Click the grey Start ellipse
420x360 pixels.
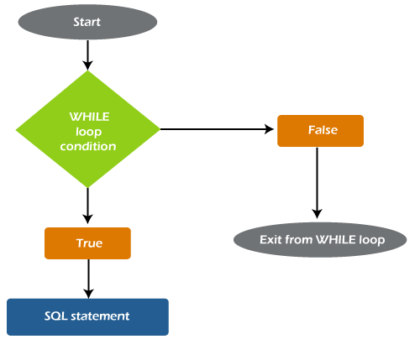tap(87, 23)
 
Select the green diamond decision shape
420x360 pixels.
tap(87, 129)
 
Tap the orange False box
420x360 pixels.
tap(320, 131)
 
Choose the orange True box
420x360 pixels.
tap(88, 243)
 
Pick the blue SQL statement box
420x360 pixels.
tap(87, 316)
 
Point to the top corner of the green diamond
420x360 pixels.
tap(87, 71)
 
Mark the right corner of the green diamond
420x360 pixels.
tap(159, 129)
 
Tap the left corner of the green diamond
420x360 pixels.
tap(17, 129)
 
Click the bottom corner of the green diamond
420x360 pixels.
tap(87, 187)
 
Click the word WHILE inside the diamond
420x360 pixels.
tap(88, 116)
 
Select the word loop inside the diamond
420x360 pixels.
tap(88, 131)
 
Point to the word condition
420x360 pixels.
tap(88, 146)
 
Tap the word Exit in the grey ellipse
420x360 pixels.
tap(272, 240)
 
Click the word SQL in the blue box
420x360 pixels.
tap(56, 316)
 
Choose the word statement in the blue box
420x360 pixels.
tap(100, 316)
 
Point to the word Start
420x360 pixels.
tap(87, 23)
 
